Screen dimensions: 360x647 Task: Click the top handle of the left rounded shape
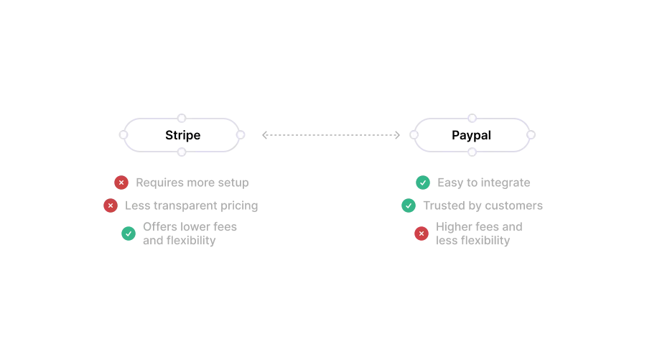click(183, 117)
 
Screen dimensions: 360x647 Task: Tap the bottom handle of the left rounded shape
click(182, 152)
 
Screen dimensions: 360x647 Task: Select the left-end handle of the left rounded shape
click(124, 134)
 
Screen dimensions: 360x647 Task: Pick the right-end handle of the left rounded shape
click(241, 134)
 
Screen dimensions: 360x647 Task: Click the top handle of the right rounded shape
click(471, 117)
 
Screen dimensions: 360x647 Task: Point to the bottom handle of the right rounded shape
click(471, 152)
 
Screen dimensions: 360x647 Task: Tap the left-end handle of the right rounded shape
click(414, 134)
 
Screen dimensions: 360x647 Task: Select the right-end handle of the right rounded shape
click(531, 134)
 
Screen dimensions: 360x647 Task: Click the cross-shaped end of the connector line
click(266, 134)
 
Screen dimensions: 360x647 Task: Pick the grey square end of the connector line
click(396, 134)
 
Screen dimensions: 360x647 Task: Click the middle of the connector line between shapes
click(330, 134)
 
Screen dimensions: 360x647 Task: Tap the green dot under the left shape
click(129, 233)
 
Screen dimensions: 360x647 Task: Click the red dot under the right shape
click(422, 233)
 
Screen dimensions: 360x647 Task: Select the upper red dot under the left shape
click(121, 183)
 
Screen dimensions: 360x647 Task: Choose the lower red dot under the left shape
click(111, 206)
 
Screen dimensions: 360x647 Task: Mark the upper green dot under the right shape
click(422, 183)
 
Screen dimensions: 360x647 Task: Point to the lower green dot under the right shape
click(409, 206)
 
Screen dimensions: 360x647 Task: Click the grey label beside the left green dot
click(191, 233)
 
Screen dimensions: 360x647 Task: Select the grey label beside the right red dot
click(479, 233)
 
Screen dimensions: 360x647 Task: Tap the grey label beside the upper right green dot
click(485, 183)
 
